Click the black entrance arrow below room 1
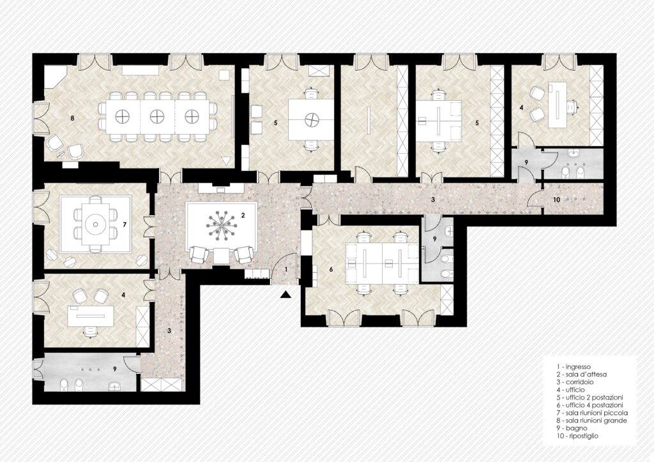tap(285, 295)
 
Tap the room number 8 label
tap(73, 119)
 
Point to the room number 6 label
tap(331, 269)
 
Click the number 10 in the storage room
tap(556, 200)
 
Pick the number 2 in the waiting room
tap(243, 215)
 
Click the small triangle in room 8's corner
tap(226, 160)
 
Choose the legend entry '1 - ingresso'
tap(574, 367)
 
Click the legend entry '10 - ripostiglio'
tap(577, 436)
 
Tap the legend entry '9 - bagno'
tap(572, 428)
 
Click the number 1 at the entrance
tap(286, 269)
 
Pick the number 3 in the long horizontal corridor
tap(434, 200)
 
